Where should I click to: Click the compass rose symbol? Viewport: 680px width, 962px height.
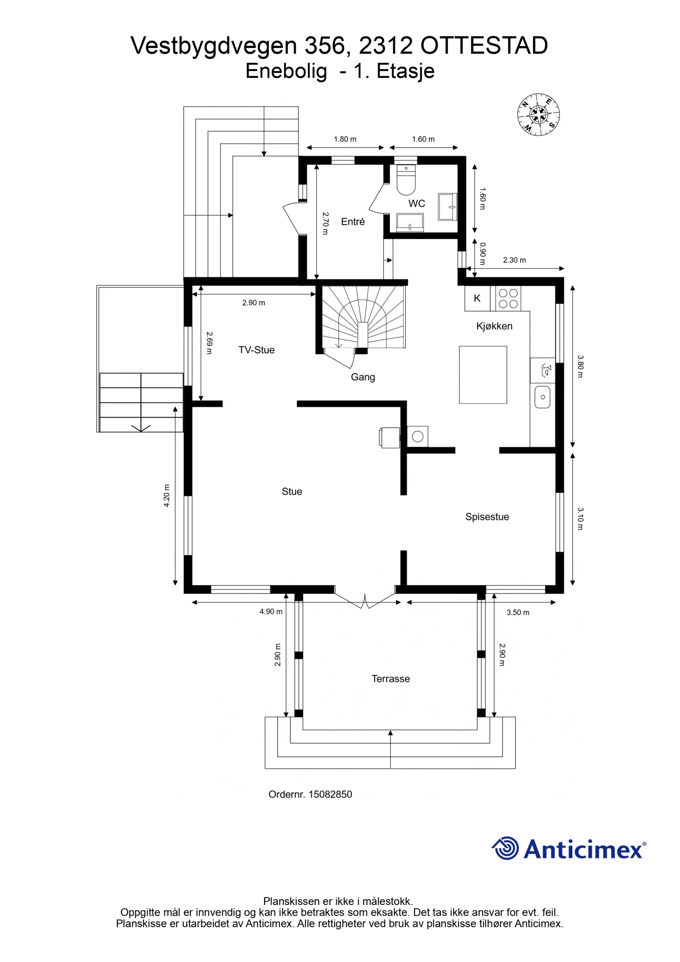coord(538,114)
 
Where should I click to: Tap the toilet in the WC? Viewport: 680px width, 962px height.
coord(406,180)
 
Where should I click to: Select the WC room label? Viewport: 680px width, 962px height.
coord(417,204)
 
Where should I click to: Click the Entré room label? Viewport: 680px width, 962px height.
coord(353,221)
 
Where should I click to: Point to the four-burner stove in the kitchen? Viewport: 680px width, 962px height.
coord(508,298)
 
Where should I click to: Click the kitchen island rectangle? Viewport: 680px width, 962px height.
coord(483,375)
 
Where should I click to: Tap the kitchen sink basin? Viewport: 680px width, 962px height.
coord(542,397)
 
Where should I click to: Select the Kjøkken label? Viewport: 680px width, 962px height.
coord(494,326)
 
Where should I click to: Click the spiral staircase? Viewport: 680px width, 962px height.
coord(363,317)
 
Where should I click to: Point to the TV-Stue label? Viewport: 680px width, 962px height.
coord(257,350)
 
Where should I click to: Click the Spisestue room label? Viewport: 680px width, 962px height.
coord(487,517)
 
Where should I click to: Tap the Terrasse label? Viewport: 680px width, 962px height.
coord(391,679)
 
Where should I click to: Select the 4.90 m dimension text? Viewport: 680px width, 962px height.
coord(271,611)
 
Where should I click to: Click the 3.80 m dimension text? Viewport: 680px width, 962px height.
coord(580,366)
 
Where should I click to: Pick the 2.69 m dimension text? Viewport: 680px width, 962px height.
coord(210,342)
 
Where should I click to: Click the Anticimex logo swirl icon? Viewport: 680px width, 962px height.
coord(506,848)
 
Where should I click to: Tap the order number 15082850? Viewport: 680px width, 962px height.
coord(330,794)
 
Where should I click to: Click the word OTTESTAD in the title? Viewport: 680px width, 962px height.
coord(484,45)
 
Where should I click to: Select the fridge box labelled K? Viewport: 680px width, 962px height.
coord(477,298)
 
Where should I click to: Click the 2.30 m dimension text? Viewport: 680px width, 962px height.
coord(514,260)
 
